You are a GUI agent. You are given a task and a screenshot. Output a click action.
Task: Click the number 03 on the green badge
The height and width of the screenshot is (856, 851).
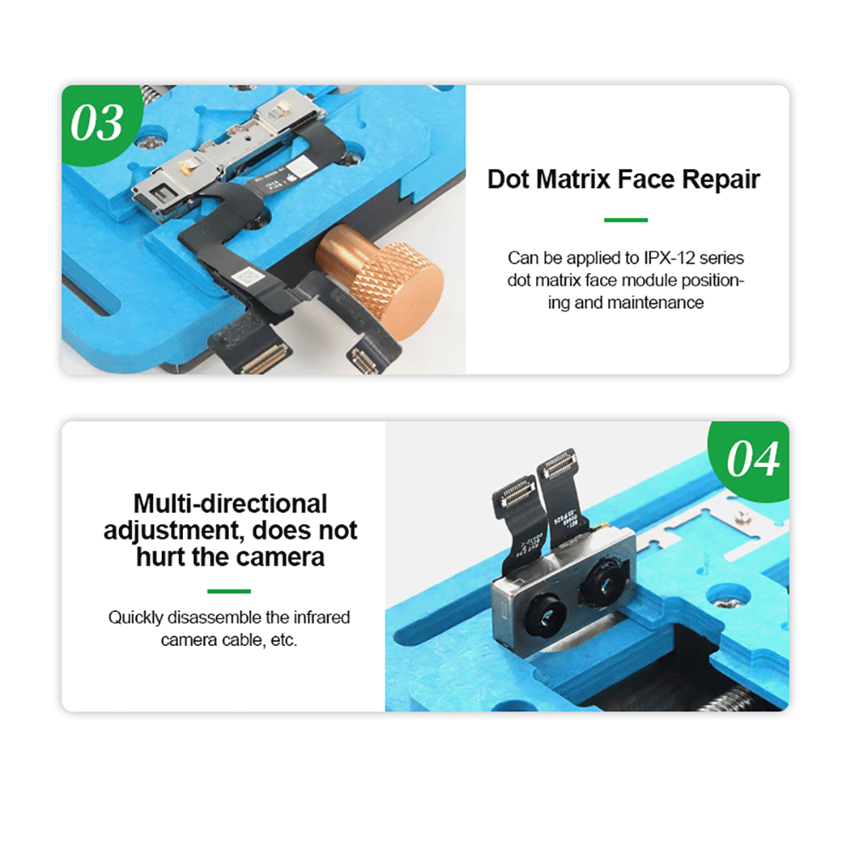tap(97, 123)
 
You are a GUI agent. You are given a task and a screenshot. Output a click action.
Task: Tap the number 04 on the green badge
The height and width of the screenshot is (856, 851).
tap(753, 459)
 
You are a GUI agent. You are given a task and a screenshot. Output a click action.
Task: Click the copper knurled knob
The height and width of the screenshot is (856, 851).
tap(381, 281)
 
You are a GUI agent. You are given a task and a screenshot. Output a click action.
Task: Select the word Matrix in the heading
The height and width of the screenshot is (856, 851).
tap(574, 179)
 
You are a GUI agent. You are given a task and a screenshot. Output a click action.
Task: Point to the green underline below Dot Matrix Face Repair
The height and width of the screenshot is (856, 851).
tap(625, 220)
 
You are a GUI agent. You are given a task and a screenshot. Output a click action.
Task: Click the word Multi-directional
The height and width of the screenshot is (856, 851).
tap(231, 504)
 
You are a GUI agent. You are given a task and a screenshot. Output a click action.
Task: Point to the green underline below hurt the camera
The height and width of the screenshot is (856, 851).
tap(229, 591)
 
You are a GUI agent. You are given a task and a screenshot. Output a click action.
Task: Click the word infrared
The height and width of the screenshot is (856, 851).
tap(322, 618)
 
